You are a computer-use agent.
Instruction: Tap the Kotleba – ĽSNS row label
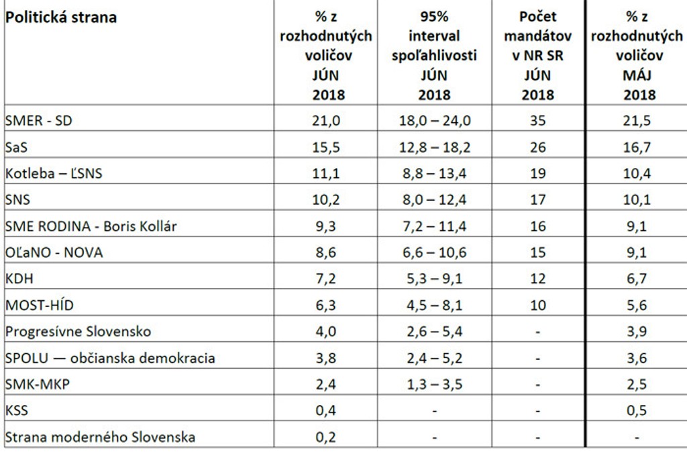(54, 173)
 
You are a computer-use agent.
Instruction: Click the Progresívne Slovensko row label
(78, 332)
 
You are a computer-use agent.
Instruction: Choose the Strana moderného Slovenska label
(101, 437)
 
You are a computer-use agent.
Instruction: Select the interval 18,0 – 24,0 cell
(434, 121)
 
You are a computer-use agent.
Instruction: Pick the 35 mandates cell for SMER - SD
(538, 121)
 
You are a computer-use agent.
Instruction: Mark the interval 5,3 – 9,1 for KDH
(434, 279)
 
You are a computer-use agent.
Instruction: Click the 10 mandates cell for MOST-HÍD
(538, 306)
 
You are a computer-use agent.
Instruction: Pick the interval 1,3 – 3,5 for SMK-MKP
(434, 384)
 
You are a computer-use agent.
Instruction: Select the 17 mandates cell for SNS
(538, 200)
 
